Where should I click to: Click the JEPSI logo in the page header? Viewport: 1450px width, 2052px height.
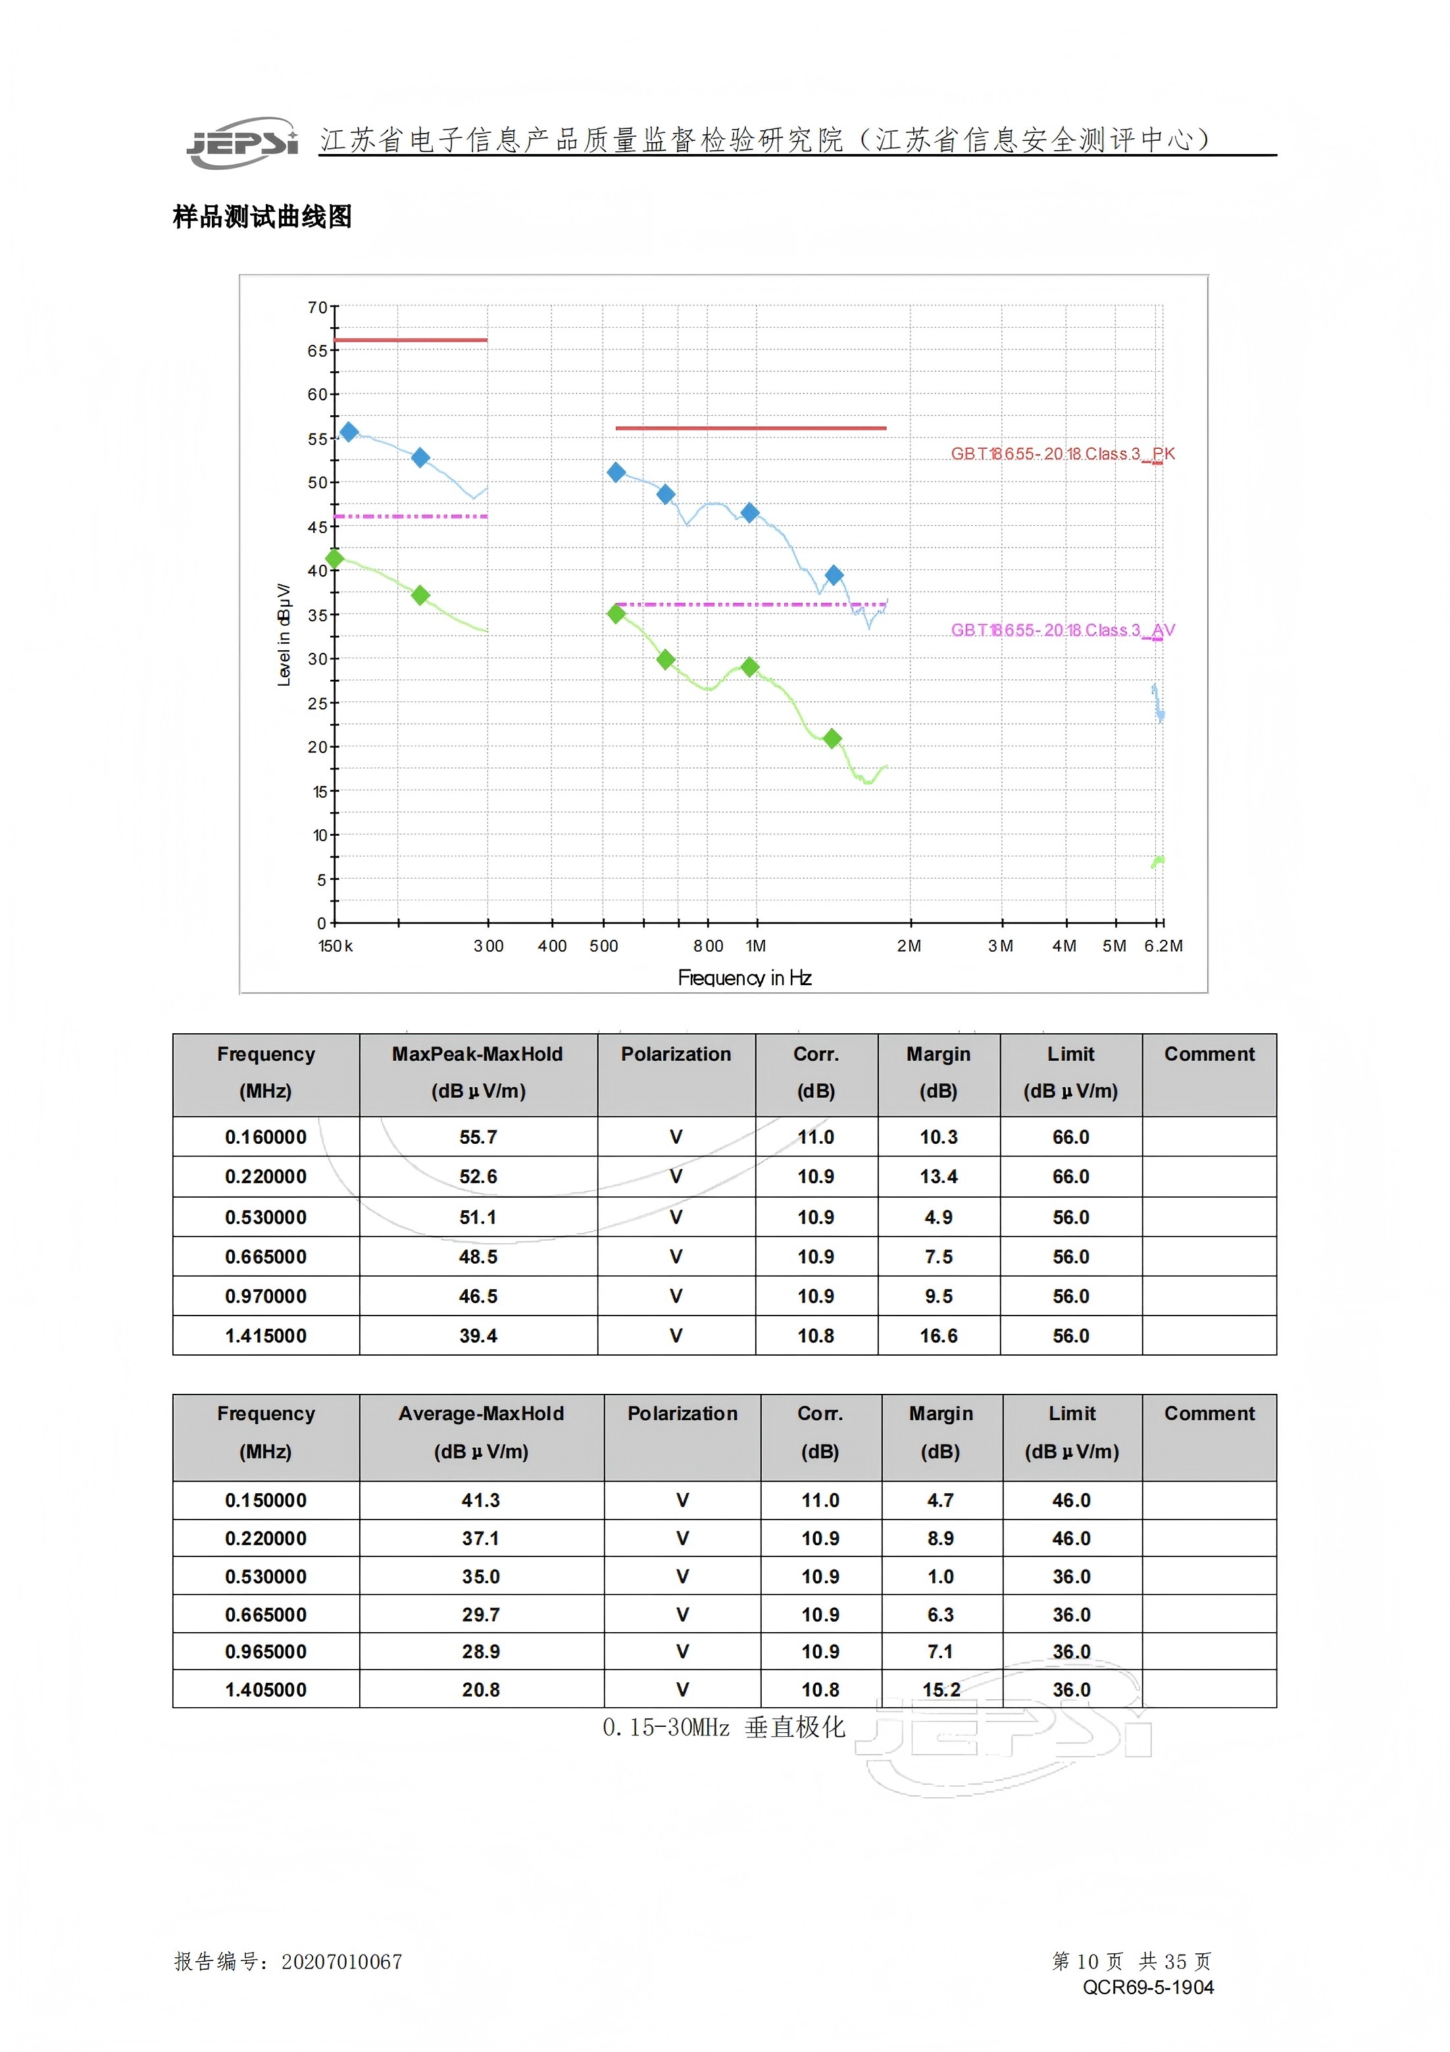click(241, 142)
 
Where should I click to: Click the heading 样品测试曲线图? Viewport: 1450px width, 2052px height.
click(262, 217)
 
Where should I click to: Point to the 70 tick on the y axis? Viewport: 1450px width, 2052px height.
click(317, 307)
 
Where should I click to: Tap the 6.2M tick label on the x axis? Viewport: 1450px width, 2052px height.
click(1163, 946)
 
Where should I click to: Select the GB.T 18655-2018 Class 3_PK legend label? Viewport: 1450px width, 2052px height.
click(1062, 454)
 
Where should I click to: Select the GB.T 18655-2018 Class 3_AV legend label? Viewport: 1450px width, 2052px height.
click(1062, 630)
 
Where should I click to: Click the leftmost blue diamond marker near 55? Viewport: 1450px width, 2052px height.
click(349, 432)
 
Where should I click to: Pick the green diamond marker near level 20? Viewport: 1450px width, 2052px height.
click(832, 738)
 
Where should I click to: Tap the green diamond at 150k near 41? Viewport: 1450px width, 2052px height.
click(335, 559)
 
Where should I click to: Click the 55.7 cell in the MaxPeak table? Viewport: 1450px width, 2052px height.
click(478, 1137)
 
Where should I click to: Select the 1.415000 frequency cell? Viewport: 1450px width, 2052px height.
click(265, 1335)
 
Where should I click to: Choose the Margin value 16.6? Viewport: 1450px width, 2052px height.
click(938, 1335)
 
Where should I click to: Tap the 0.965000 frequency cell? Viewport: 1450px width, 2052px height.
click(265, 1652)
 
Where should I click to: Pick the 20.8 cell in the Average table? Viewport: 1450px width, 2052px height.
click(481, 1689)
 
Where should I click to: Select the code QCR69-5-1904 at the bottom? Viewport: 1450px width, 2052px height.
click(1148, 1987)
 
